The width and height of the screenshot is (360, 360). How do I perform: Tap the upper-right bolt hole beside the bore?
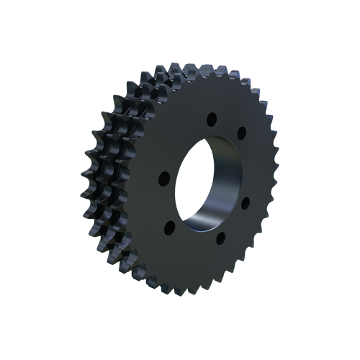(242, 132)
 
